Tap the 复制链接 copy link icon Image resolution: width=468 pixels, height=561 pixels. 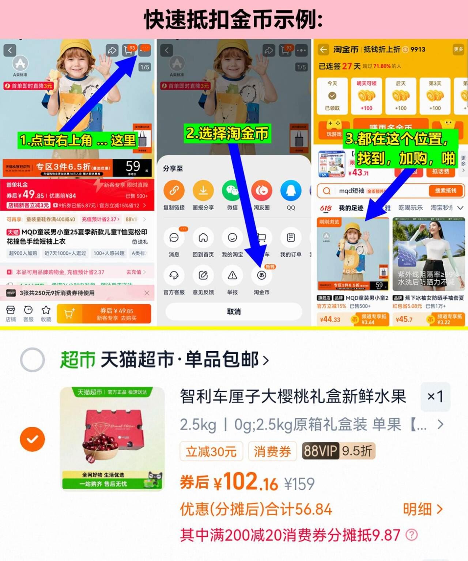[174, 191]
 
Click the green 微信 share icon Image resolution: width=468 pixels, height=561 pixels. [232, 191]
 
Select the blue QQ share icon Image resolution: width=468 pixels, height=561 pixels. [291, 191]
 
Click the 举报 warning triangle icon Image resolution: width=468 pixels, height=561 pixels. [232, 276]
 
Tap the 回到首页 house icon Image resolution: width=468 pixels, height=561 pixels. [203, 238]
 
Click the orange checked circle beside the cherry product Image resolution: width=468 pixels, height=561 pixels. [33, 439]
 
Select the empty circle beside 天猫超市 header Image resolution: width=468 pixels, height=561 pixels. [33, 360]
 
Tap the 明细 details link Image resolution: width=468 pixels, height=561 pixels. [423, 509]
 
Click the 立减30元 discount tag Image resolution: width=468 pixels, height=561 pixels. [211, 451]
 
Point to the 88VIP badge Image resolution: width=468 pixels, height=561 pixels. [320, 451]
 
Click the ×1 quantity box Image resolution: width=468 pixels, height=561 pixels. [435, 397]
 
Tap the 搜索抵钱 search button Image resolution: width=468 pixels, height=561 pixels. [445, 191]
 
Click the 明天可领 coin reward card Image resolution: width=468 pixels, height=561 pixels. [366, 96]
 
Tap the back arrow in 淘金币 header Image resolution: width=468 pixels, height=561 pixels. [323, 49]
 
